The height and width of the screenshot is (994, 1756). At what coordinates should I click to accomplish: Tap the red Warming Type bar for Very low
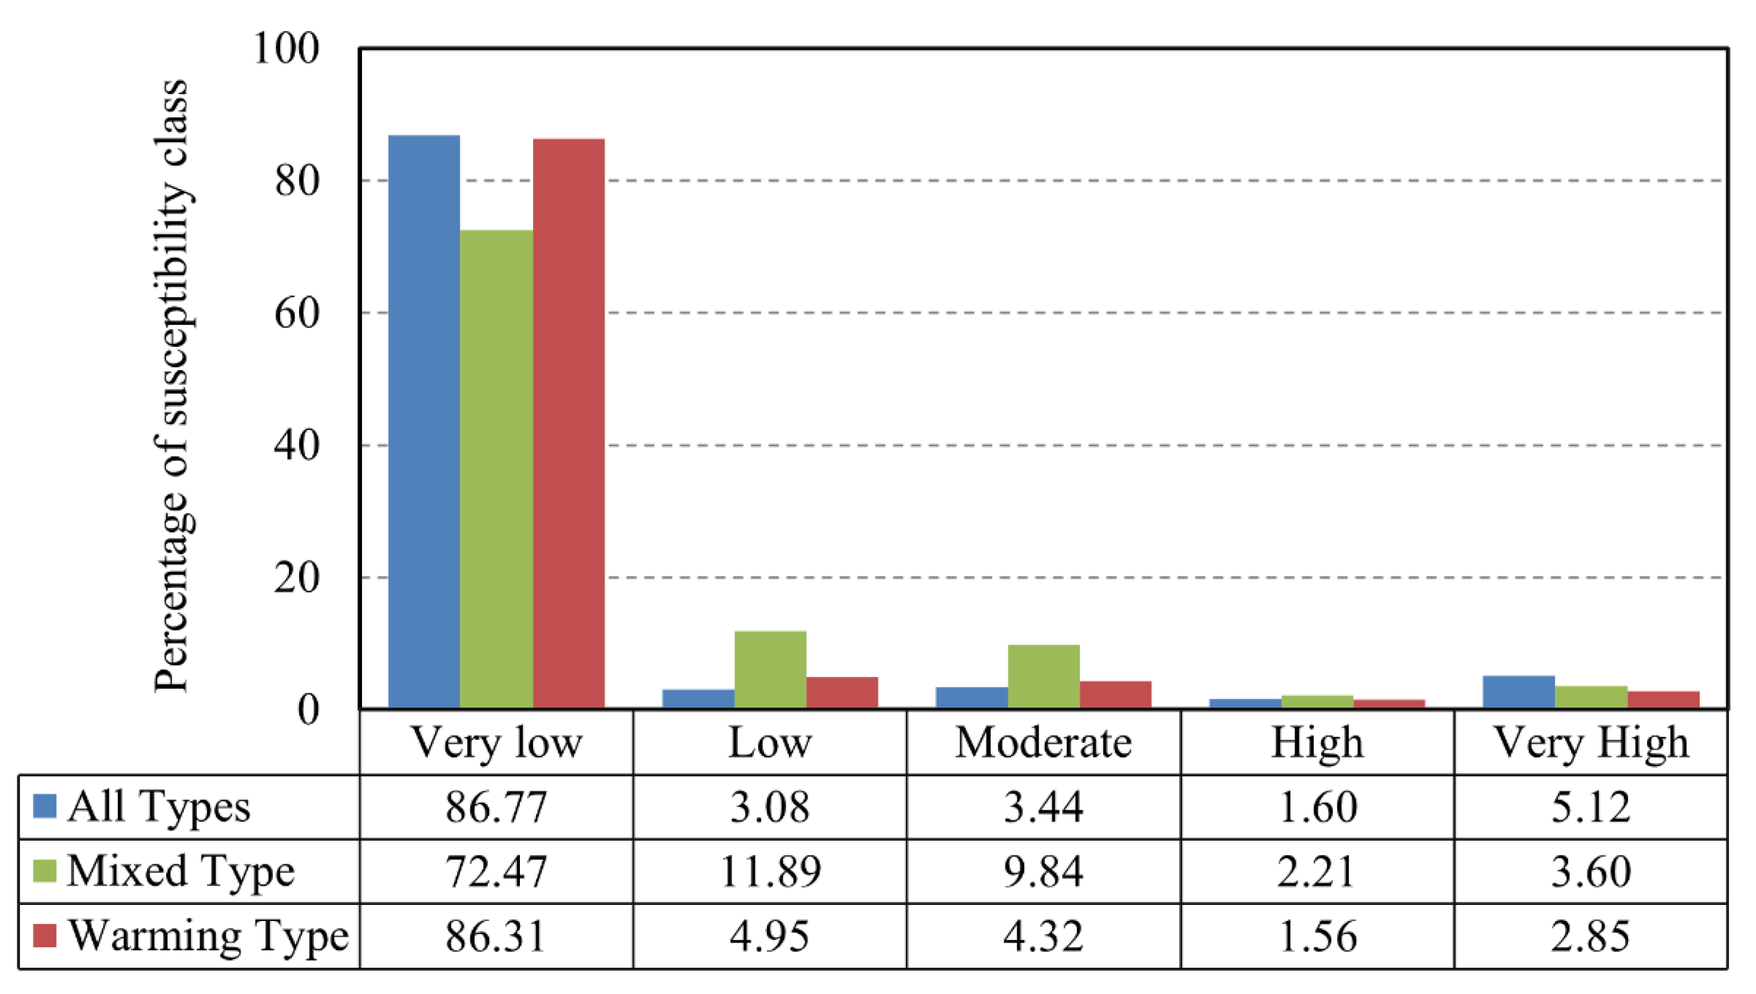click(569, 423)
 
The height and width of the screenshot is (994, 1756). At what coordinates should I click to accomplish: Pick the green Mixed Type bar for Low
click(770, 669)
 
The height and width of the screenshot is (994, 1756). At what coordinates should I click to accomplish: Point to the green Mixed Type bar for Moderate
click(1043, 676)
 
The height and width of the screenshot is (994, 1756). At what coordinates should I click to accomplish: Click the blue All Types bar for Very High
click(1518, 691)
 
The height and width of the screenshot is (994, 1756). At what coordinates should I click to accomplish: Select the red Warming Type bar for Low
click(842, 691)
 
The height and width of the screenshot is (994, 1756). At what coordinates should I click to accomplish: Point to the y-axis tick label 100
click(286, 49)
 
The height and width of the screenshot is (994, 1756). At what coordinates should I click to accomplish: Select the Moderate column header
click(1043, 743)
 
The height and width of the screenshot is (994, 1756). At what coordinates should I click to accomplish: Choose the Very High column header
click(1591, 743)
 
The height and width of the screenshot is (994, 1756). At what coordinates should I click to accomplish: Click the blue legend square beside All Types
click(44, 806)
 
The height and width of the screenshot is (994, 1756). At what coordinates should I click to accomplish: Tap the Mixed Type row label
click(180, 872)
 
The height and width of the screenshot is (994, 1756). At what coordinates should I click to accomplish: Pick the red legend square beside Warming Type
click(44, 936)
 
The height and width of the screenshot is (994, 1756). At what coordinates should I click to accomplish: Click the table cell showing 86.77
click(497, 807)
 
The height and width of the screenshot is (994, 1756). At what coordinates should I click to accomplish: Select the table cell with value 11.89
click(770, 872)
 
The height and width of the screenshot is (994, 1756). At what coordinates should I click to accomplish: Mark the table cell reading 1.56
click(1317, 936)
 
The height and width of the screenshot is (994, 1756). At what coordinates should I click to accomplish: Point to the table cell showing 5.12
click(1591, 807)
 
